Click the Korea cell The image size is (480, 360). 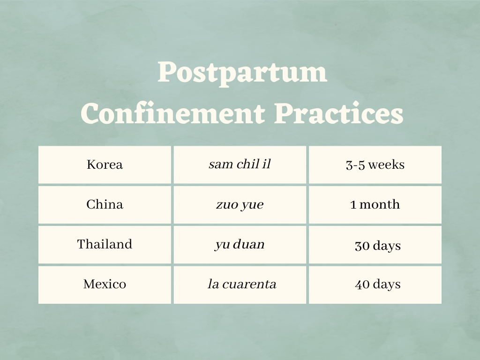[105, 165]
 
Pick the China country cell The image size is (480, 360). [105, 205]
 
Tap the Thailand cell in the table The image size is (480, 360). [105, 244]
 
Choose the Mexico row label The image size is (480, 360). [105, 284]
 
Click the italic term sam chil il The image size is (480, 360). [240, 165]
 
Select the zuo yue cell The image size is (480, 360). [240, 205]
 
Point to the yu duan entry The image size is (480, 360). [240, 244]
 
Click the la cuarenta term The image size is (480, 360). [241, 284]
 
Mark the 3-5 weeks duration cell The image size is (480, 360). [375, 165]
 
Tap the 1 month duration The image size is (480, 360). [375, 205]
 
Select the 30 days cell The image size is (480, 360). [377, 246]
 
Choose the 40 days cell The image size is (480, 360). [377, 284]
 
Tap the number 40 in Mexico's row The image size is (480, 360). [362, 284]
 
